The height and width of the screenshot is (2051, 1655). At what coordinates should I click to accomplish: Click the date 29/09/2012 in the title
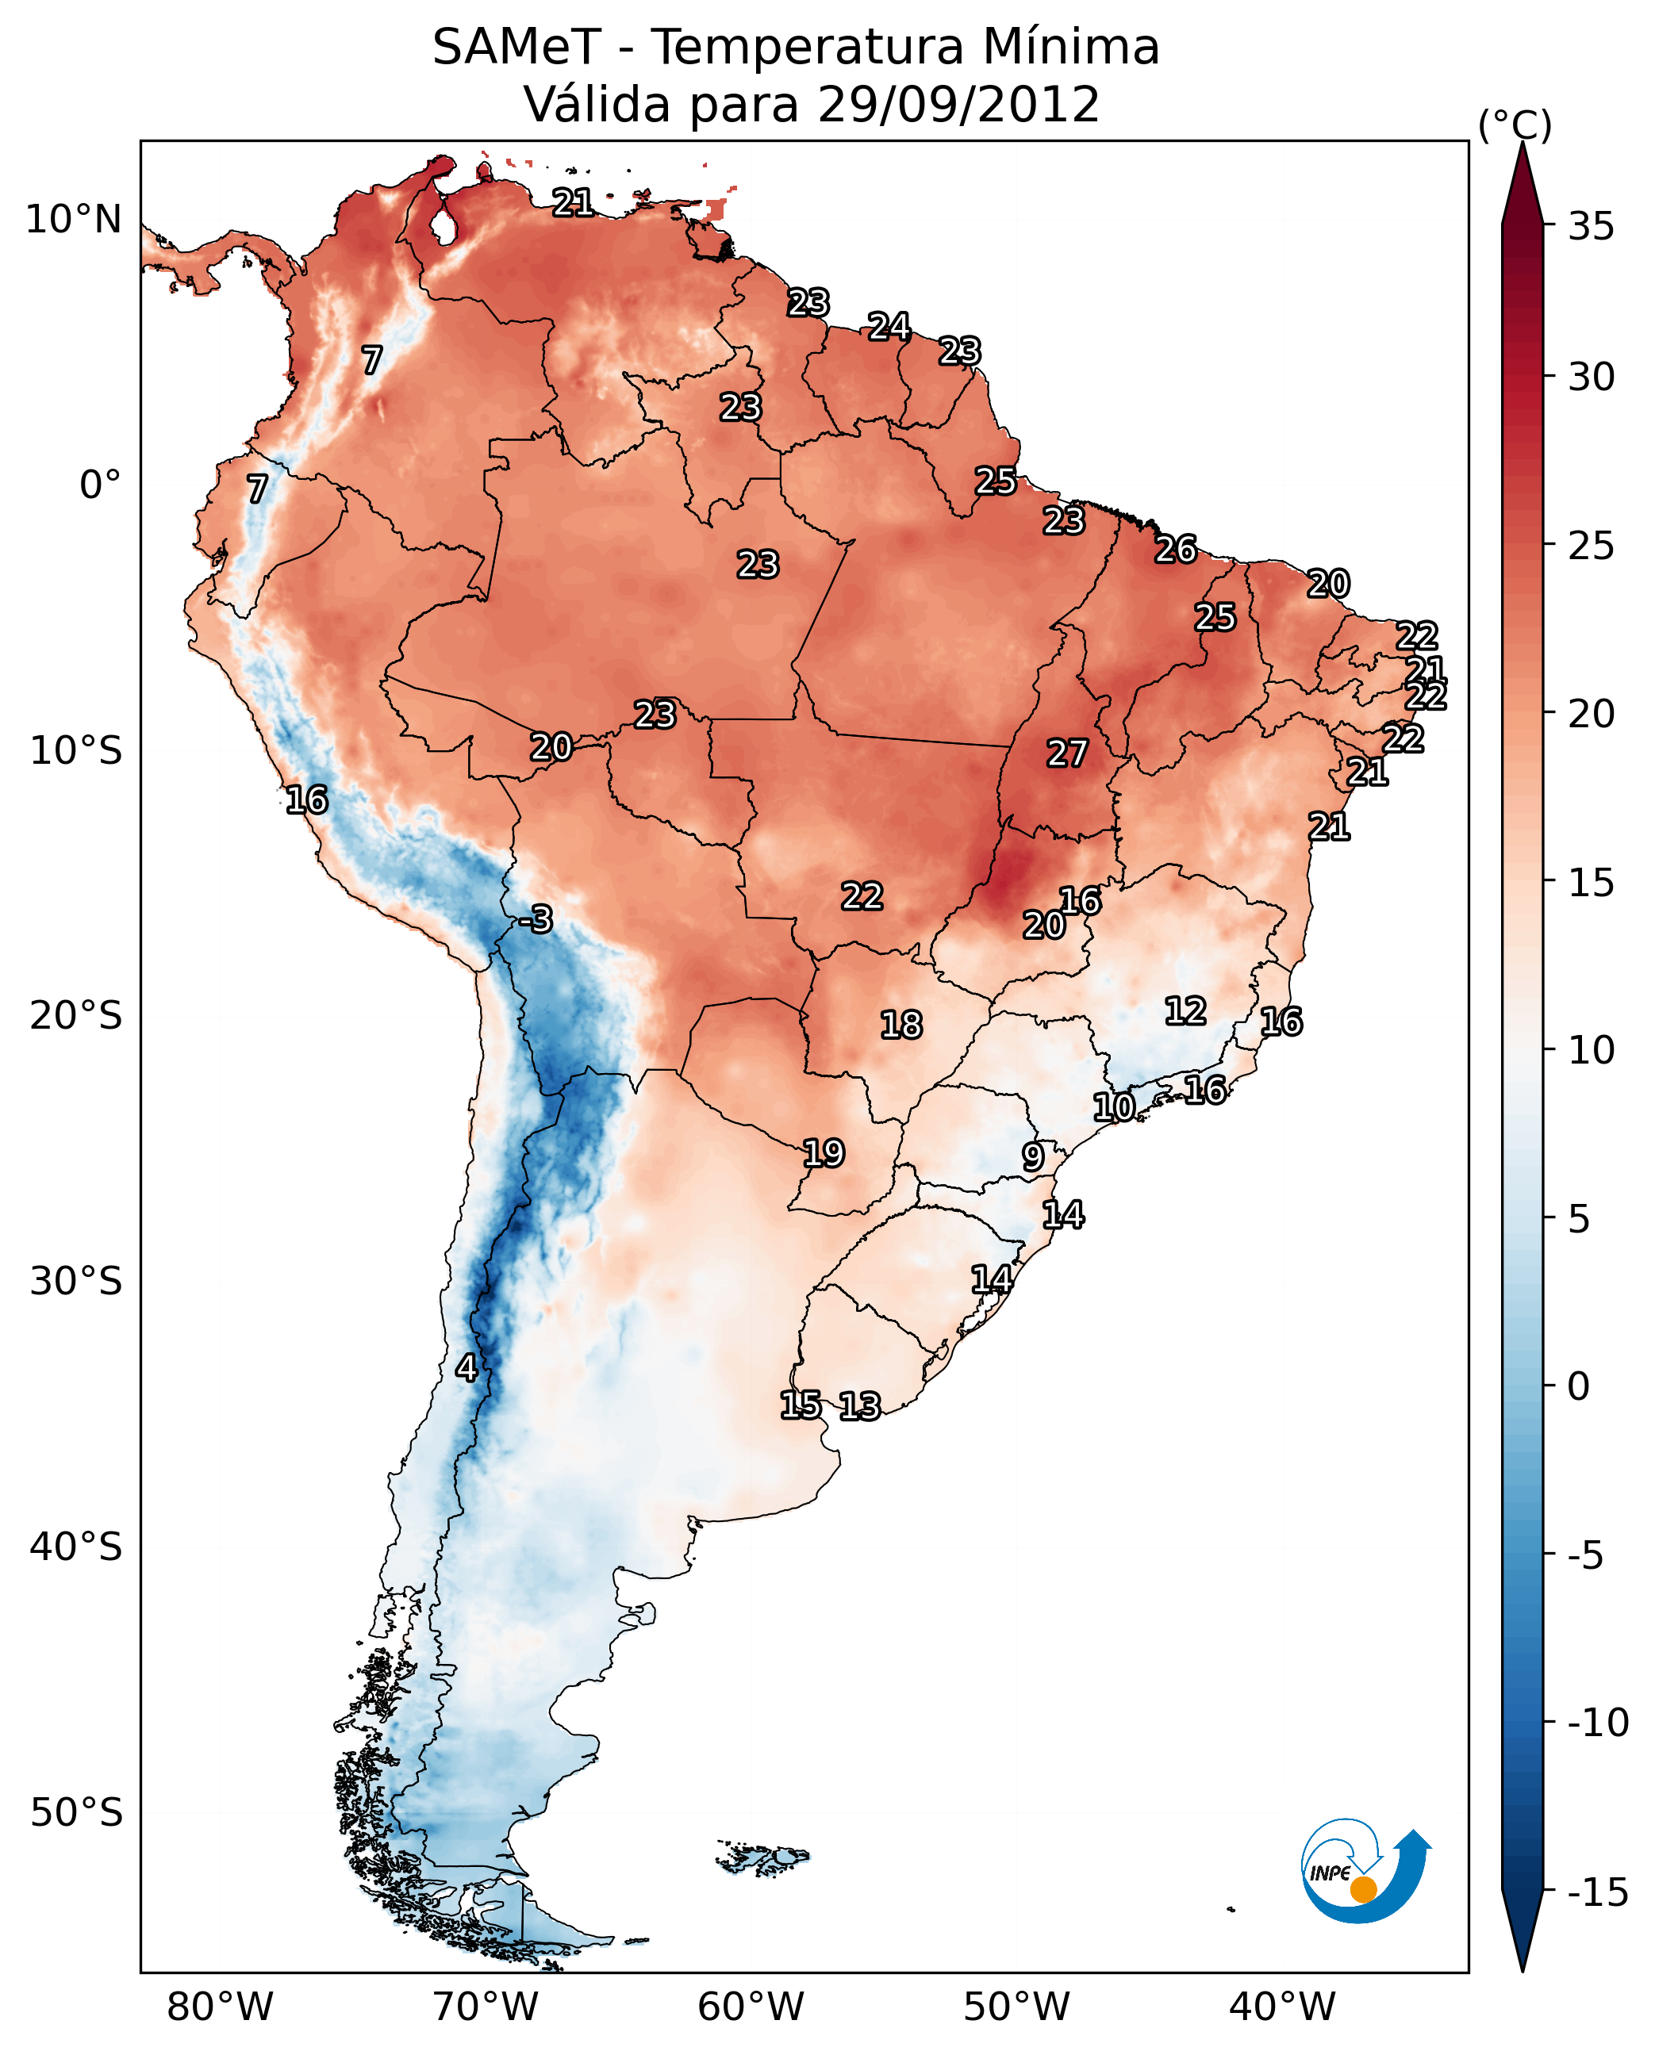958,105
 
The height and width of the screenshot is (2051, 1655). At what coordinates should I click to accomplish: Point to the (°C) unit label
1515,125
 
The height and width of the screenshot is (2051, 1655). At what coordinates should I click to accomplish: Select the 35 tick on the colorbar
1591,226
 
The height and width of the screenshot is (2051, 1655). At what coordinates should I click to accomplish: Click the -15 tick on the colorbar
1598,1892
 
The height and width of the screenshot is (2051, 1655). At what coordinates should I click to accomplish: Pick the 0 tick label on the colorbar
1579,1386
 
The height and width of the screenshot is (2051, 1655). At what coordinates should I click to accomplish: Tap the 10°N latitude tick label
74,220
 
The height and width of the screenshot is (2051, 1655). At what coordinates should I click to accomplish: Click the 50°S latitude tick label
76,1811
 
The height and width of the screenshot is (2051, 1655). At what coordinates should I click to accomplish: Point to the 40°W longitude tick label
1281,2007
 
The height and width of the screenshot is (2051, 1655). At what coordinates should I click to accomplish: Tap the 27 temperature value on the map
1067,754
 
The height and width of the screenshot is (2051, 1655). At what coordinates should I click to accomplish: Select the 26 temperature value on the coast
1176,550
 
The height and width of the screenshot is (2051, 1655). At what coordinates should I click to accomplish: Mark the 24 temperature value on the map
889,327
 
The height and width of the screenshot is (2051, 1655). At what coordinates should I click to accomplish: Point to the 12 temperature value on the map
1185,1010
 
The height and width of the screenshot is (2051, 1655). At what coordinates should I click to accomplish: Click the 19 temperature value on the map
824,1153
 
